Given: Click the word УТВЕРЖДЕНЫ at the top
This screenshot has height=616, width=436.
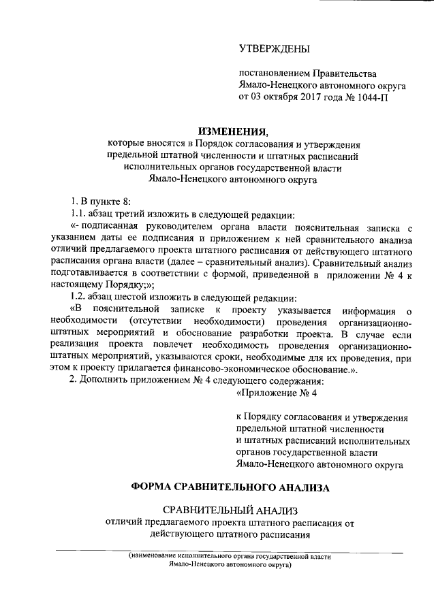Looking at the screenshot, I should click(x=274, y=49).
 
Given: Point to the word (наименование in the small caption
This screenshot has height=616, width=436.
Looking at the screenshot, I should click(x=158, y=557).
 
